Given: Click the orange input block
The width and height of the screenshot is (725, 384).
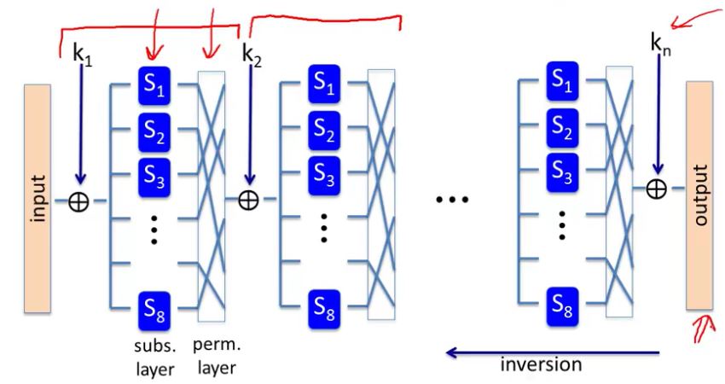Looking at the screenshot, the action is pos(38,199).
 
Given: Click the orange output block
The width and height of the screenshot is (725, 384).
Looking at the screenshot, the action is pos(699,195).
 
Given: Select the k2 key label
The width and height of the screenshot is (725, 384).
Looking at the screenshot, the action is pos(252,56).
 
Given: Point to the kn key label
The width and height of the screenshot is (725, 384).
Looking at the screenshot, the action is pos(660,44).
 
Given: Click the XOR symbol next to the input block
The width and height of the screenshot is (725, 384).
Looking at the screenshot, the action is pos(78,201).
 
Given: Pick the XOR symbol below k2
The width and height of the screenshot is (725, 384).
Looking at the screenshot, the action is pos(248,201).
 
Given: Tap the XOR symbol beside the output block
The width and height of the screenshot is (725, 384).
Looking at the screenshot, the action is pos(656,189).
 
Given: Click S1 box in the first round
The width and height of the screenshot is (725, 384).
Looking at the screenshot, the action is pos(154,85).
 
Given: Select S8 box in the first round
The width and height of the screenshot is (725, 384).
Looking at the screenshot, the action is pos(154,311).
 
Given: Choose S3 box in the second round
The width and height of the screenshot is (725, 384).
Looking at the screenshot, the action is pos(324,175).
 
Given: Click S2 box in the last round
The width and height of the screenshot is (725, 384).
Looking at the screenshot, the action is pos(562,127).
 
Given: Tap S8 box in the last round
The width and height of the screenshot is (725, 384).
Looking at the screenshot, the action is pos(562,306).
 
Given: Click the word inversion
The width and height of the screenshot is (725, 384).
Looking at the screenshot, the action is pos(541,364).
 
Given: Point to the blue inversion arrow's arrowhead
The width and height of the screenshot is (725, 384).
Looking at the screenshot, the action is pos(451,353).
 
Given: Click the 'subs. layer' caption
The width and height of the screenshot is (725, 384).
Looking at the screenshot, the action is pos(154,358).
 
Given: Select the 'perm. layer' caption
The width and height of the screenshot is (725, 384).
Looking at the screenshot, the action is pos(217,356).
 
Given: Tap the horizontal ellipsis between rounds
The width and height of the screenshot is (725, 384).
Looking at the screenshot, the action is pos(452,200).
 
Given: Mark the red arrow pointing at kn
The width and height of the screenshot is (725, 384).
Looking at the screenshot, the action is pos(697,19).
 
